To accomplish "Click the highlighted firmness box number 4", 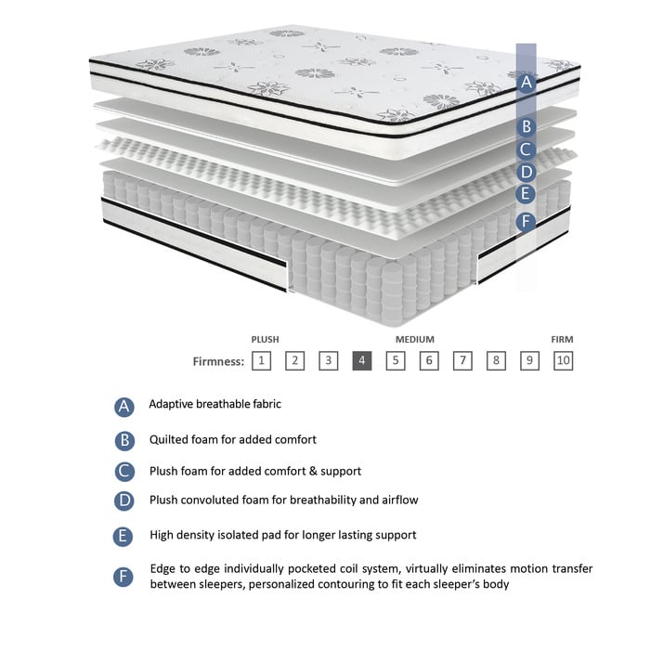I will tap(362, 361).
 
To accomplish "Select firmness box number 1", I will tap(262, 361).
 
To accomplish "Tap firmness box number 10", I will tap(563, 361).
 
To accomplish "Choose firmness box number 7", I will tap(462, 361).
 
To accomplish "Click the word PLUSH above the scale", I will tap(265, 340).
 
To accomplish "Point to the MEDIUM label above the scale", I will tap(414, 340).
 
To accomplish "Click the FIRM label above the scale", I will tap(562, 340).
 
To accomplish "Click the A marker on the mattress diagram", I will tap(526, 82).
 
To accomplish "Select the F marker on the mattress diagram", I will tap(526, 221).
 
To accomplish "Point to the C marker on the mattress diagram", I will tap(526, 149).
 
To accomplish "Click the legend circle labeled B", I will tap(125, 440).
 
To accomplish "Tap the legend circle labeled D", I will tap(125, 501).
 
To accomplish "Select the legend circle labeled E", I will tap(125, 536).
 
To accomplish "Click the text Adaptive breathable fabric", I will tap(214, 405).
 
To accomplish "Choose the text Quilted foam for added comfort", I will tap(232, 439).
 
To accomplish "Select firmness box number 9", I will tap(529, 361).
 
